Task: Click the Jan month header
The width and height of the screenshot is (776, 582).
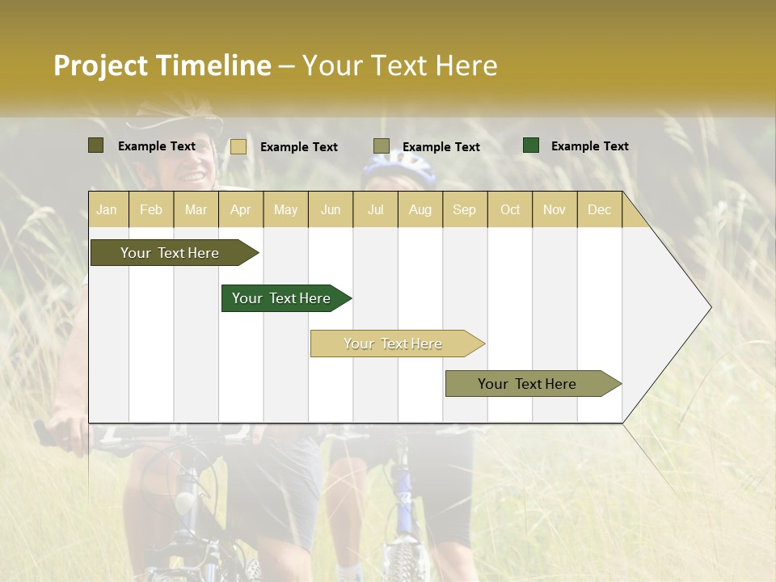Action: coord(107,209)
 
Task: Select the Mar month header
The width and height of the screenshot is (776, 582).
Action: coord(196,209)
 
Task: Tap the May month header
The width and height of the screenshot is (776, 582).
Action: coord(285,209)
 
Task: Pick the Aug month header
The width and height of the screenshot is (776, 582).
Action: coord(420,209)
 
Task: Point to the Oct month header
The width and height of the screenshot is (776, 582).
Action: coord(510,209)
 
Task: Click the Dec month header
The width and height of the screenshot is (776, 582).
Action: coord(599,209)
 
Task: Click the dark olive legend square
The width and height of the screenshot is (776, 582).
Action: coord(96,145)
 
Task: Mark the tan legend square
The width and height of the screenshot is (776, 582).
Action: coord(238,146)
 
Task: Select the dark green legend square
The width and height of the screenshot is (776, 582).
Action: coord(531,145)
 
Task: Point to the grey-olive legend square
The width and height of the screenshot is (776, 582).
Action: coord(382,145)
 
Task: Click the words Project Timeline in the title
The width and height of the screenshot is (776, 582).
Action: coord(162,65)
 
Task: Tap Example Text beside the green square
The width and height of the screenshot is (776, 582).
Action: coord(589,146)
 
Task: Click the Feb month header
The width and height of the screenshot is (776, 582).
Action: coord(151,209)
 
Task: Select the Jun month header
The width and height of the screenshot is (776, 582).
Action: coord(331,209)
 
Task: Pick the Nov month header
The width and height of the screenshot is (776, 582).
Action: coord(555,209)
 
